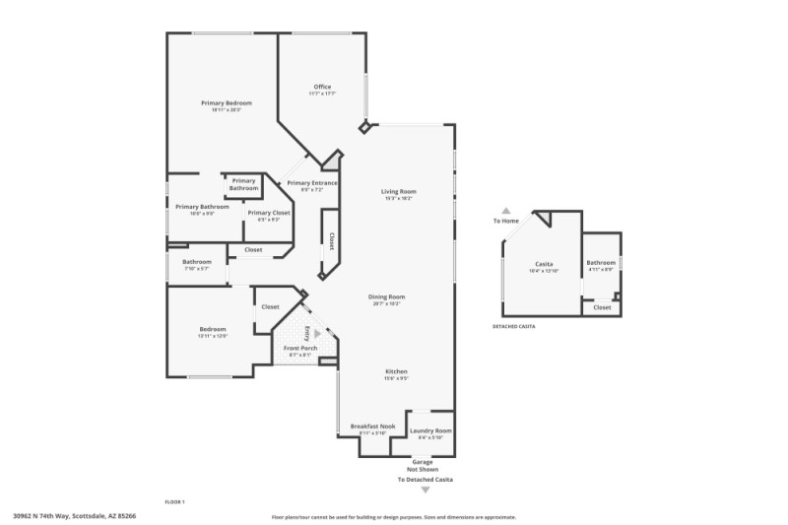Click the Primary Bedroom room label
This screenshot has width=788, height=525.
[x=227, y=103]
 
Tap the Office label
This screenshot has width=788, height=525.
[x=322, y=87]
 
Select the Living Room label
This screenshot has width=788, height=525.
[x=399, y=191]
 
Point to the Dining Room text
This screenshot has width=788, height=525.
[x=387, y=296]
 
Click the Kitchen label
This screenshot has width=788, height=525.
[x=396, y=371]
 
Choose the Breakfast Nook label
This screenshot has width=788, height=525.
[x=373, y=427]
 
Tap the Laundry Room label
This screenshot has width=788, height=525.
[x=430, y=430]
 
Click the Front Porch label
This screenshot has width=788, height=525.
[x=299, y=349]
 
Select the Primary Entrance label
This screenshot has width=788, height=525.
[x=312, y=183]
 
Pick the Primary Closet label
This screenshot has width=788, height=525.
[x=269, y=213]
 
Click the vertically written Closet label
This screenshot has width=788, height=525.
[x=331, y=241]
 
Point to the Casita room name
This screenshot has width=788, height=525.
[x=544, y=264]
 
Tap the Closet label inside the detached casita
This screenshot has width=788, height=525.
[x=602, y=307]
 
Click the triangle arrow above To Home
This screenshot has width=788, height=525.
[x=506, y=210]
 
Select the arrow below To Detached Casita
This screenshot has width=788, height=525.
[x=426, y=490]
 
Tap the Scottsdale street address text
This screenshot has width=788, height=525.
[x=74, y=514]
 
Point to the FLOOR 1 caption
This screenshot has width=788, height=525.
[x=174, y=501]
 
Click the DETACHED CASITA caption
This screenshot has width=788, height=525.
[x=513, y=326]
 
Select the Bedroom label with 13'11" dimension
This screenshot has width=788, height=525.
[x=214, y=329]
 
